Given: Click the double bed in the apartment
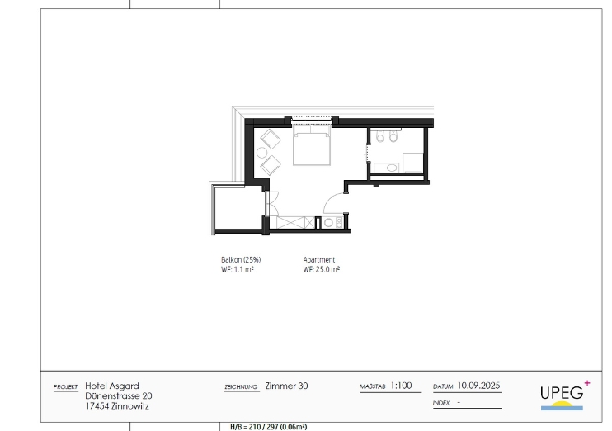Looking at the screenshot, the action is pos(312,145).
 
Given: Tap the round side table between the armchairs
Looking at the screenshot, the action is pos(262,153).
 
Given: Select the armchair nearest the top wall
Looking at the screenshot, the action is pos(271,139).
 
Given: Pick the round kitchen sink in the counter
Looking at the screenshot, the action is pos(328,223).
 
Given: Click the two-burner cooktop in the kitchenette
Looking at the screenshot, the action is pos(339,223).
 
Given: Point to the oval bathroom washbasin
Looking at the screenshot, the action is pos(392,168).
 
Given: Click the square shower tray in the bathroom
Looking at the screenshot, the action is pos(413,163).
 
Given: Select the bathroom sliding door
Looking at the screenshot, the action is pos(367,153).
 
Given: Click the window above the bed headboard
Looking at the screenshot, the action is pos(312,118).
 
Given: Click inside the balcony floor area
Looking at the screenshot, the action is pos(238,208).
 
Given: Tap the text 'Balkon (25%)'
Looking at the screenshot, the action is pos(241,259).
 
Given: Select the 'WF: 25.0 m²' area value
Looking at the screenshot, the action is pos(321,269).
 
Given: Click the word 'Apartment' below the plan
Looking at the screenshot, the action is pos(319,259).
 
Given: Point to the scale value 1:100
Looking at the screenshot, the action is pos(401,386).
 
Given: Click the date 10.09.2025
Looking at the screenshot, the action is pos(478,386).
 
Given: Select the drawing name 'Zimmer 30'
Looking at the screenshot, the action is pos(286,386).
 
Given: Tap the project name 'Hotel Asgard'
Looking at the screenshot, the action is pos(112,386).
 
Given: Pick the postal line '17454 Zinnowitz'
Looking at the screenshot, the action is pos(117,406).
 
